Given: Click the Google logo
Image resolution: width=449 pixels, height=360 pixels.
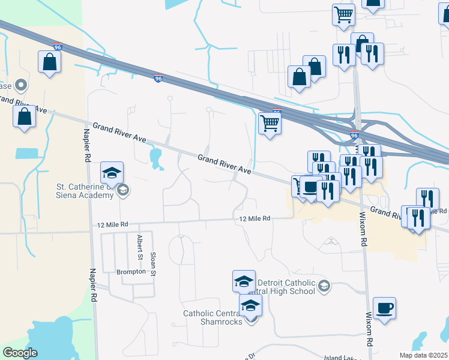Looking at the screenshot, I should click(20, 353).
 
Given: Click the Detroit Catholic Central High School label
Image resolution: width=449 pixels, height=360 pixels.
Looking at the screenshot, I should click(286, 287).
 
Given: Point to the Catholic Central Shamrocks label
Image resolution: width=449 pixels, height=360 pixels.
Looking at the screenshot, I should click(213, 317).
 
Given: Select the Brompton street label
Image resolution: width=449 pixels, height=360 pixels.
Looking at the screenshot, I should click(131, 272).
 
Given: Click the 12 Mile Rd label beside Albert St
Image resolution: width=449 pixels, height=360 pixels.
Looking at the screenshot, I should click(113, 224).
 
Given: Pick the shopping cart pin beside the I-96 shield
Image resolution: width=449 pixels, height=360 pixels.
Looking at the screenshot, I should click(270, 124).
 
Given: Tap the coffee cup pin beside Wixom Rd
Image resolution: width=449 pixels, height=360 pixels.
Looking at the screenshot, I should click(384, 308).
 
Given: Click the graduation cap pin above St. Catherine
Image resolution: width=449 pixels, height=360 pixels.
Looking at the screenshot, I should click(112, 173).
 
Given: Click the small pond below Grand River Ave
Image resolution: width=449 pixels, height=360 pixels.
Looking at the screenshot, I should click(156, 158).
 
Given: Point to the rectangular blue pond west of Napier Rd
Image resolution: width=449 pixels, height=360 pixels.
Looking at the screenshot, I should click(26, 153).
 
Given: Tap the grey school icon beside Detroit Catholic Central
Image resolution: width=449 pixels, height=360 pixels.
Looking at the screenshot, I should click(324, 286).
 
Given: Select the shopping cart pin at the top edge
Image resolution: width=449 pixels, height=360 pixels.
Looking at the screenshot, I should click(343, 14).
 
